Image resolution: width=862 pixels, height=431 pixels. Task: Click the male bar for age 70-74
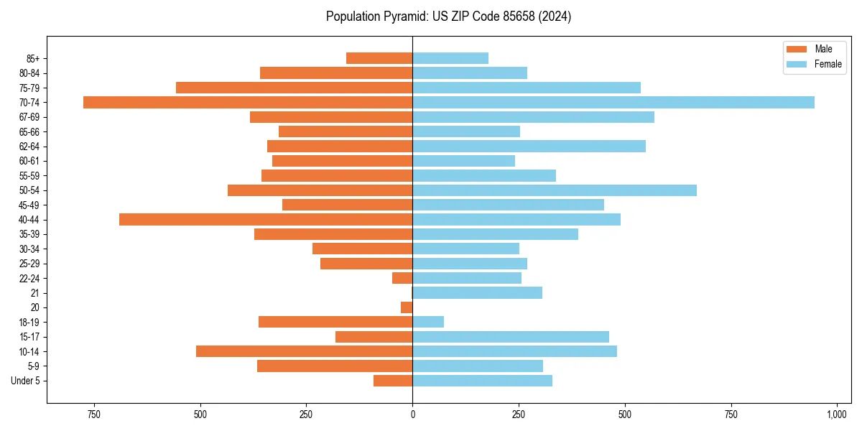pyautogui.click(x=248, y=102)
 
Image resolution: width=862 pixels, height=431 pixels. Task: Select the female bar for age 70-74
pyautogui.click(x=613, y=102)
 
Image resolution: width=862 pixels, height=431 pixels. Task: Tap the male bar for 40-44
pyautogui.click(x=266, y=219)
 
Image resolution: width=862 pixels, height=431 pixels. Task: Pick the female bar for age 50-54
pyautogui.click(x=555, y=190)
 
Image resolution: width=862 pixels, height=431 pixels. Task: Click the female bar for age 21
pyautogui.click(x=477, y=292)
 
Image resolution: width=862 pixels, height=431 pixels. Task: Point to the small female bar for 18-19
pyautogui.click(x=428, y=322)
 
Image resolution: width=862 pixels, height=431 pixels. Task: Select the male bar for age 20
pyautogui.click(x=407, y=307)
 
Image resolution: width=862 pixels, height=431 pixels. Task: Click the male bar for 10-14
pyautogui.click(x=304, y=351)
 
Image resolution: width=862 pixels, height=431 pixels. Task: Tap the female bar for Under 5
pyautogui.click(x=482, y=381)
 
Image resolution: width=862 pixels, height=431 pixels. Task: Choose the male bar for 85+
pyautogui.click(x=379, y=58)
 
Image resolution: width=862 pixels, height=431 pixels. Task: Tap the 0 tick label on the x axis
pyautogui.click(x=412, y=414)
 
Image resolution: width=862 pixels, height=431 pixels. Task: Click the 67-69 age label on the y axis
pyautogui.click(x=29, y=117)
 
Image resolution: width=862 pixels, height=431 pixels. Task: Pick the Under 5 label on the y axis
pyautogui.click(x=25, y=381)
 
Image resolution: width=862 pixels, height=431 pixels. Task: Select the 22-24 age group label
pyautogui.click(x=29, y=278)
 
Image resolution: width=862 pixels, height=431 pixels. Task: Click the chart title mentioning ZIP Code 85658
pyautogui.click(x=448, y=17)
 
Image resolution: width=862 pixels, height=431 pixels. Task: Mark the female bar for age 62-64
pyautogui.click(x=529, y=146)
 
